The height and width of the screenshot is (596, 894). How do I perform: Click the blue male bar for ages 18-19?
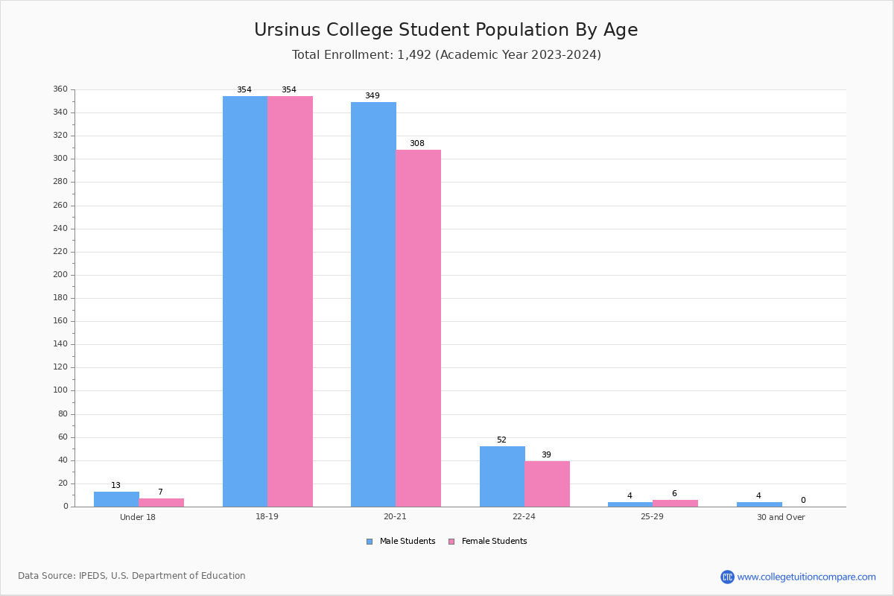(245, 301)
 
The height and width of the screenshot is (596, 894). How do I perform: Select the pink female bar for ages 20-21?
(418, 328)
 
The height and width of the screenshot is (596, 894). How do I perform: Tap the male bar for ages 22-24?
(502, 476)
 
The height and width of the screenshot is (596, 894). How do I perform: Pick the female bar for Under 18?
(161, 502)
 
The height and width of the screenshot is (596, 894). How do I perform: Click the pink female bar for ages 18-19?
(290, 301)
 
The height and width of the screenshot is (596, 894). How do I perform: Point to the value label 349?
(372, 95)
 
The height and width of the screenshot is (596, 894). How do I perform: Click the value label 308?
(416, 143)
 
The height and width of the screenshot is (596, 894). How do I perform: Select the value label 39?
(546, 454)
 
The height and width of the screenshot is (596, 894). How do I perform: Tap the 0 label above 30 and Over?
(802, 500)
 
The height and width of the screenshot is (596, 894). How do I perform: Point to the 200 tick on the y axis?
(60, 274)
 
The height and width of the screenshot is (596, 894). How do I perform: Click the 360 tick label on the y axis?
(60, 89)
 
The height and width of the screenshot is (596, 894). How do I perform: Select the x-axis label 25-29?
(652, 517)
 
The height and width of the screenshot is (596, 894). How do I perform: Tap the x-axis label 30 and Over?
(781, 517)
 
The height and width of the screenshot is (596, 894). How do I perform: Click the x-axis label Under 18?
(138, 517)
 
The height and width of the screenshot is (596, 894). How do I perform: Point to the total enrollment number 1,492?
(414, 54)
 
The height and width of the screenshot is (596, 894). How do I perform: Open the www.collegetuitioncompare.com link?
(806, 577)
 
